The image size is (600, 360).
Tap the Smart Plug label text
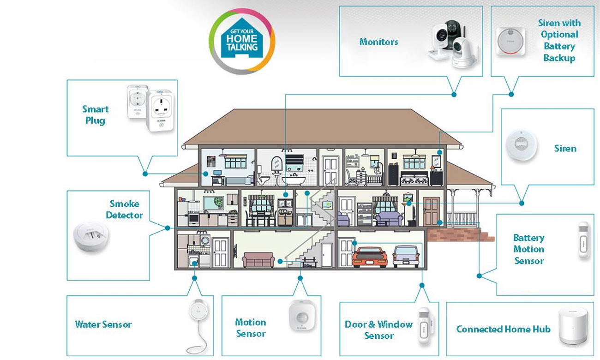(95, 115)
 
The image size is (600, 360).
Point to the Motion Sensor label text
(250, 328)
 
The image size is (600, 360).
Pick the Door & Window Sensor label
(378, 330)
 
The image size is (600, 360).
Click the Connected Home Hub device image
(572, 325)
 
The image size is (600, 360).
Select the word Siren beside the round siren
(565, 149)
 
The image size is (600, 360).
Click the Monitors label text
(378, 42)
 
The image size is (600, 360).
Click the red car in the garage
(369, 257)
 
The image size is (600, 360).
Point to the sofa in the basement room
(258, 259)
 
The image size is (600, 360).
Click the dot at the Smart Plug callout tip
(145, 174)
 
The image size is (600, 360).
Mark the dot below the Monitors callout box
(454, 94)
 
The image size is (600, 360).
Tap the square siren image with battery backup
(510, 42)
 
